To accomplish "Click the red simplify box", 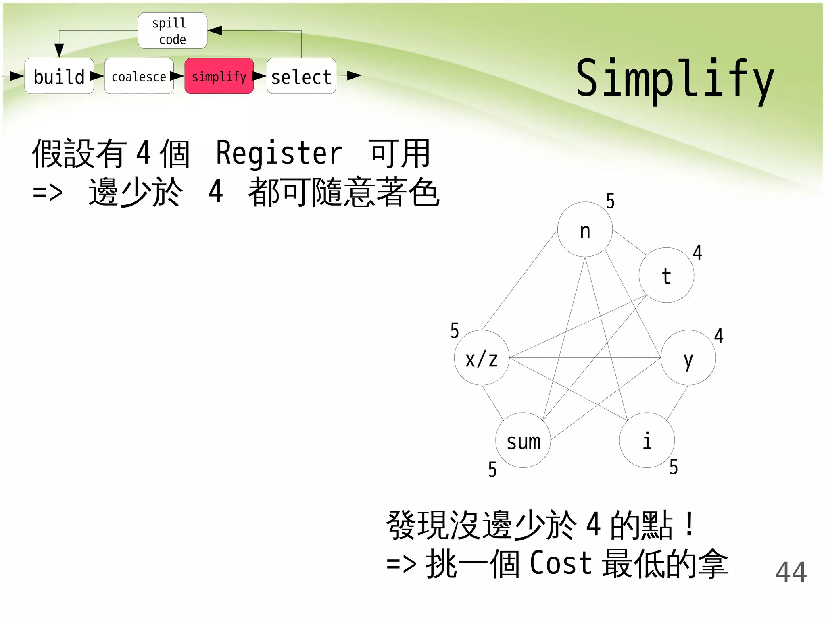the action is tap(219, 76).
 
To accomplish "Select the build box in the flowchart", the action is tap(59, 76).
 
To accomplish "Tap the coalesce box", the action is tap(139, 76).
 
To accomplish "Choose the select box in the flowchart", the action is tap(301, 76).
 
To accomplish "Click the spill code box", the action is tap(173, 31).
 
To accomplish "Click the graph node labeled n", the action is tap(585, 229).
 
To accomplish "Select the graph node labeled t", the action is tap(666, 275).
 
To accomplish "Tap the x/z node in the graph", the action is tap(482, 358).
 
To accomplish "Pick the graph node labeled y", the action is tap(688, 358).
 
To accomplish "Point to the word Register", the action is tap(279, 154).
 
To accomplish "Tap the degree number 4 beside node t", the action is tap(697, 253).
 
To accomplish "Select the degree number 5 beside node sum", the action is tap(492, 469).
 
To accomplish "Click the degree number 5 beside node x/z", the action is tap(455, 331).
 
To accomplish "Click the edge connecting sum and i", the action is tap(585, 440).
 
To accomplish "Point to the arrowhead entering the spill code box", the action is tap(215, 31).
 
